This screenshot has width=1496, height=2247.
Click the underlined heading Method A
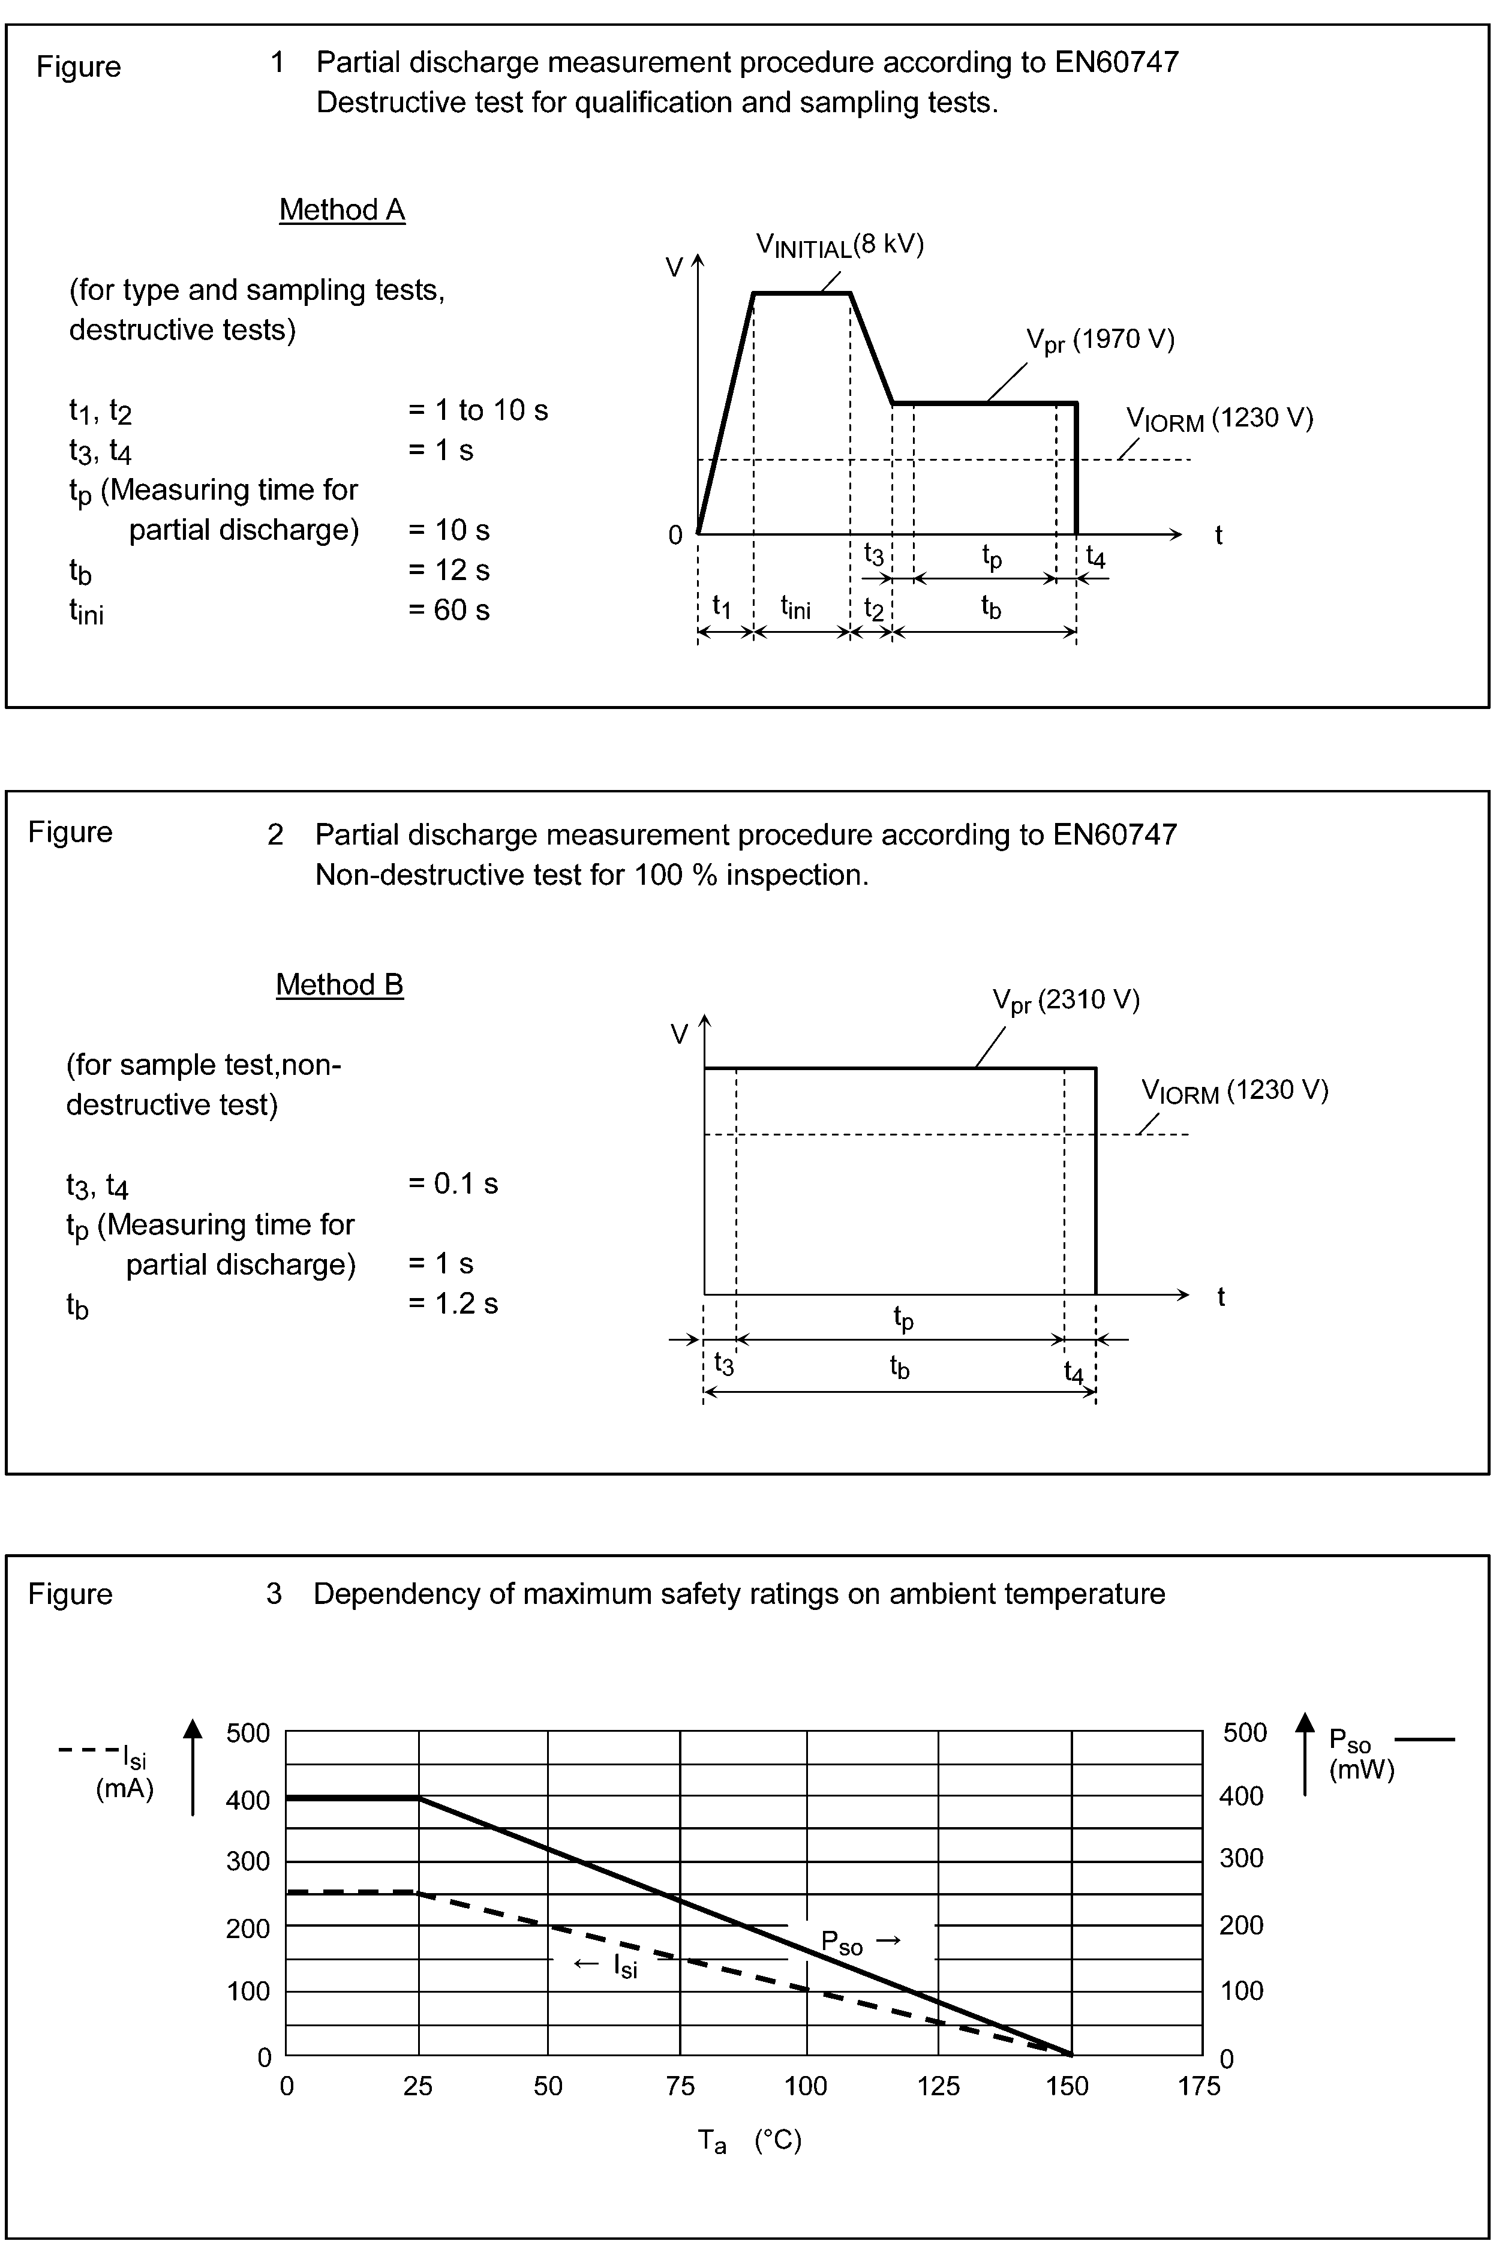(341, 210)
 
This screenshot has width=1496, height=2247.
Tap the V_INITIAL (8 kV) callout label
(840, 246)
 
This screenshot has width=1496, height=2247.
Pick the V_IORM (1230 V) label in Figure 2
(1234, 1092)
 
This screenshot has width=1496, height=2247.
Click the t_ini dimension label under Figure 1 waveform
(796, 607)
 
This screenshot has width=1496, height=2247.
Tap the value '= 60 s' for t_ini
(449, 609)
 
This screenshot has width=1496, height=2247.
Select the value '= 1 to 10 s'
(478, 410)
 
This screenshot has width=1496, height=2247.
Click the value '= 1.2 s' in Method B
(453, 1303)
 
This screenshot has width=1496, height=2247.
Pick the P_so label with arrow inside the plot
(860, 1940)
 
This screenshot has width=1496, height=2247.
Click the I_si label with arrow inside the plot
(607, 1964)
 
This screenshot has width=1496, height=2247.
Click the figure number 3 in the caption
(274, 1593)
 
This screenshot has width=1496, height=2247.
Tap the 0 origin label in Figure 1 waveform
(675, 535)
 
